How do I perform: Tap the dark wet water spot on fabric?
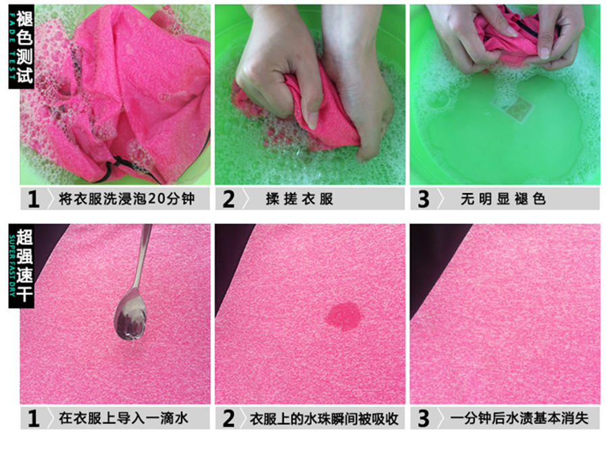point(344,316)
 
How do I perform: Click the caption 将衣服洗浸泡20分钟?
point(126,199)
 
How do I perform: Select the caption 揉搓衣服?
point(299,199)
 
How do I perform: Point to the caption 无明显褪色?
point(503,199)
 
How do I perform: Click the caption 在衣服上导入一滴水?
point(124,418)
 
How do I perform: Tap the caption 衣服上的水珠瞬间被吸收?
point(324,419)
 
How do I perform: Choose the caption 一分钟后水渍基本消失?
point(520,418)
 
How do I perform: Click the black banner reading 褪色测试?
point(22,47)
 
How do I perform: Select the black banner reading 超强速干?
point(22,266)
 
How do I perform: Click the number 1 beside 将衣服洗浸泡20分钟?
point(34,199)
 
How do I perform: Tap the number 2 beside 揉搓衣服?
point(228,199)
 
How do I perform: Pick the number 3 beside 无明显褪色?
point(424,199)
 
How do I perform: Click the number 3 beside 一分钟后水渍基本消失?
point(424,419)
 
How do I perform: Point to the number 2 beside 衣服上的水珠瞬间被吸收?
point(228,419)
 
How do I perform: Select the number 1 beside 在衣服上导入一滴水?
point(34,419)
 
